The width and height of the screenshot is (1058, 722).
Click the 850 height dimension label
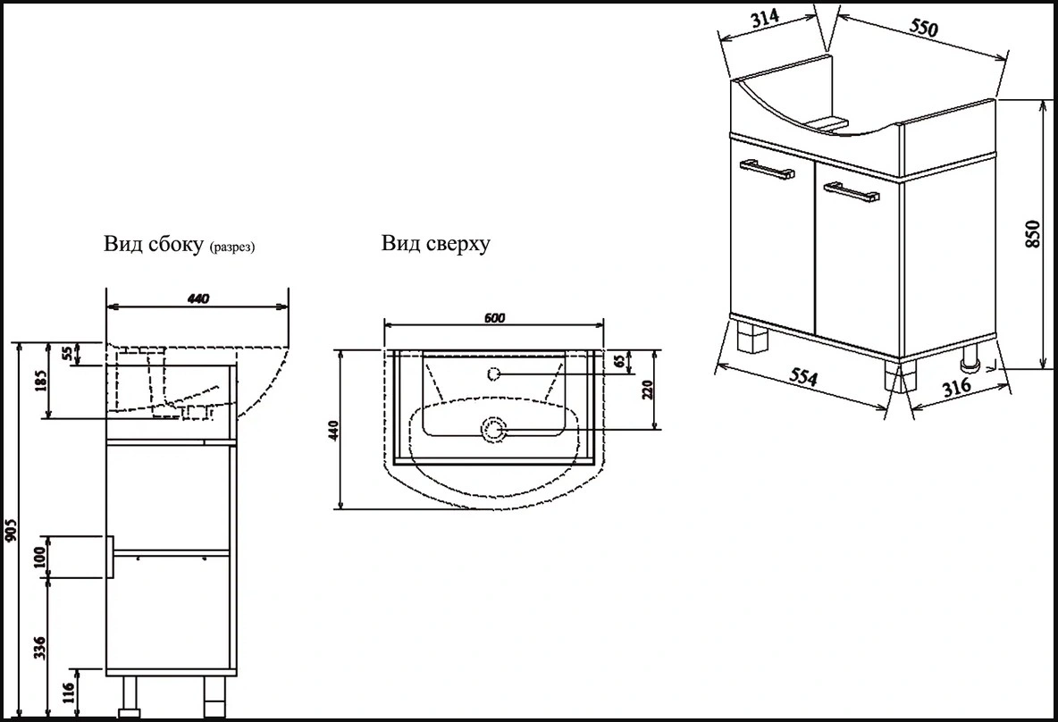pos(1033,234)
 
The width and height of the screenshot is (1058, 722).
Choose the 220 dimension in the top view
pos(649,390)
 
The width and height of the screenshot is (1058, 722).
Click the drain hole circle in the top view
pos(493,431)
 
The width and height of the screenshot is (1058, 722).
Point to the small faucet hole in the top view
pos(493,374)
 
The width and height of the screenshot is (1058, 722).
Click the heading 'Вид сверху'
pos(435,243)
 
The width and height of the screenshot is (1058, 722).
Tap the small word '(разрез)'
pos(231,248)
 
